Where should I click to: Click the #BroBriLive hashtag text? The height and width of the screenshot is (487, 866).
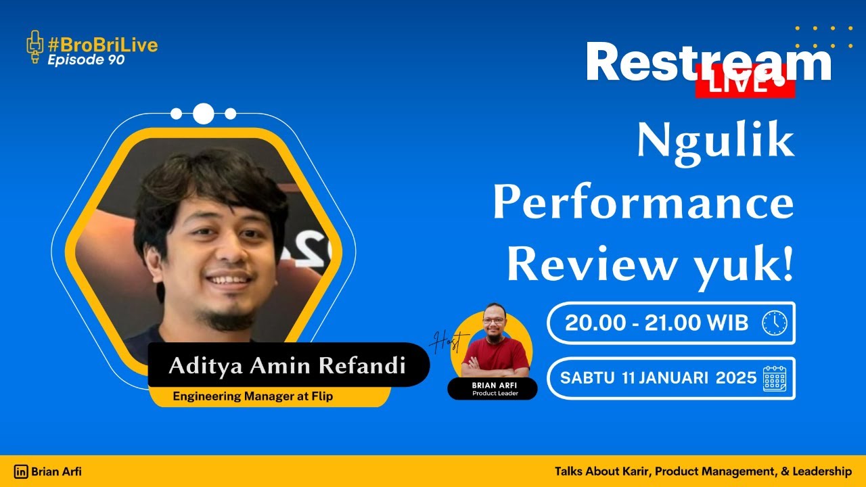[102, 45]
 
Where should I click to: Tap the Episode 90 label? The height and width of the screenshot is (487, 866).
[86, 60]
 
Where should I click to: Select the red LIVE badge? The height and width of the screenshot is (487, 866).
[744, 84]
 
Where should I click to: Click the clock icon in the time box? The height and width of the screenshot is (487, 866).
[774, 323]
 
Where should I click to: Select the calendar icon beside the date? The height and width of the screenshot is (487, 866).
[775, 378]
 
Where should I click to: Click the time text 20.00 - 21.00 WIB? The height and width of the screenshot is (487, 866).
[656, 323]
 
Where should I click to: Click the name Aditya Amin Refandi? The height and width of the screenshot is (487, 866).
[287, 366]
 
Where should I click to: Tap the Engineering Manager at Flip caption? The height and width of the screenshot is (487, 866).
[252, 396]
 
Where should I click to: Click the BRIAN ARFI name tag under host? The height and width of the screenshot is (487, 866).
[492, 386]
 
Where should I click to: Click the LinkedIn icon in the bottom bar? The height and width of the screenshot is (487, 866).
[21, 472]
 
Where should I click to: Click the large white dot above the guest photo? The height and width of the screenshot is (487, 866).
[203, 114]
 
